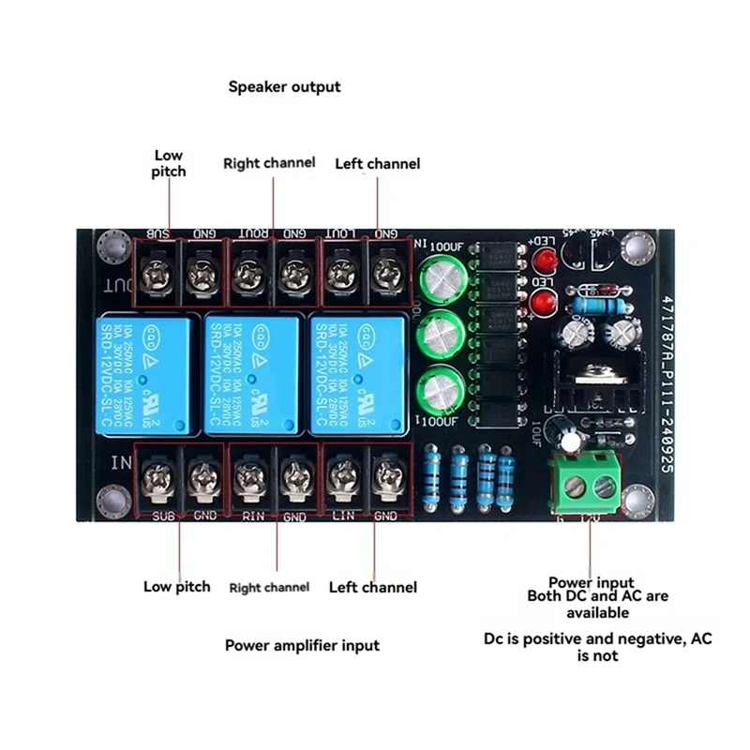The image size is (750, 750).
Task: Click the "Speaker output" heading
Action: (285, 87)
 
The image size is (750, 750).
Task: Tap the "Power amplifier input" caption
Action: (302, 645)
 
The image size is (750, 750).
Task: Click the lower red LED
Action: (541, 303)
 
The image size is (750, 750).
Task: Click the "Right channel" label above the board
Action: (269, 163)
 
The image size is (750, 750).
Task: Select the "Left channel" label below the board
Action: (372, 587)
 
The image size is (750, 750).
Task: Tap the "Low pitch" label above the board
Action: (170, 163)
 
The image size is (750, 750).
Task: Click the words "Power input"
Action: (591, 582)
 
